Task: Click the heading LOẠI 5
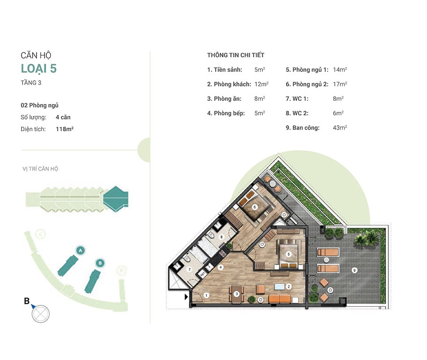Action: click(x=39, y=68)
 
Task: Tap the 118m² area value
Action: click(x=65, y=129)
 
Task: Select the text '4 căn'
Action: click(x=63, y=117)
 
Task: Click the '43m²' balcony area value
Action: click(x=340, y=127)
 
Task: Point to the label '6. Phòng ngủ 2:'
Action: click(x=307, y=84)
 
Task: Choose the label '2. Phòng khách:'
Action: click(x=229, y=84)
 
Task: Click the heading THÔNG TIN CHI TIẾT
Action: click(x=236, y=55)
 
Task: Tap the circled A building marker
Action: click(x=80, y=250)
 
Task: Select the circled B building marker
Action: click(x=100, y=263)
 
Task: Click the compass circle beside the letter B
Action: click(x=41, y=314)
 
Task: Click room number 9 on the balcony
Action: click(x=354, y=270)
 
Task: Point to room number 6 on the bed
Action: click(x=255, y=207)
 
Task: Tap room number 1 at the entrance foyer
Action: click(x=206, y=295)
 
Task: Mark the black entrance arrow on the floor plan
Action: click(x=186, y=297)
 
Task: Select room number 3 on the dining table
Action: click(x=237, y=294)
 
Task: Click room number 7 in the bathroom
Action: click(x=189, y=270)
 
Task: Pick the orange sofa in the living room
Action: click(x=280, y=299)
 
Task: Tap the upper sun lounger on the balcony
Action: click(x=328, y=252)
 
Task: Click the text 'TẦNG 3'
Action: click(x=31, y=83)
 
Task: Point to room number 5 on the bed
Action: click(x=288, y=254)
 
